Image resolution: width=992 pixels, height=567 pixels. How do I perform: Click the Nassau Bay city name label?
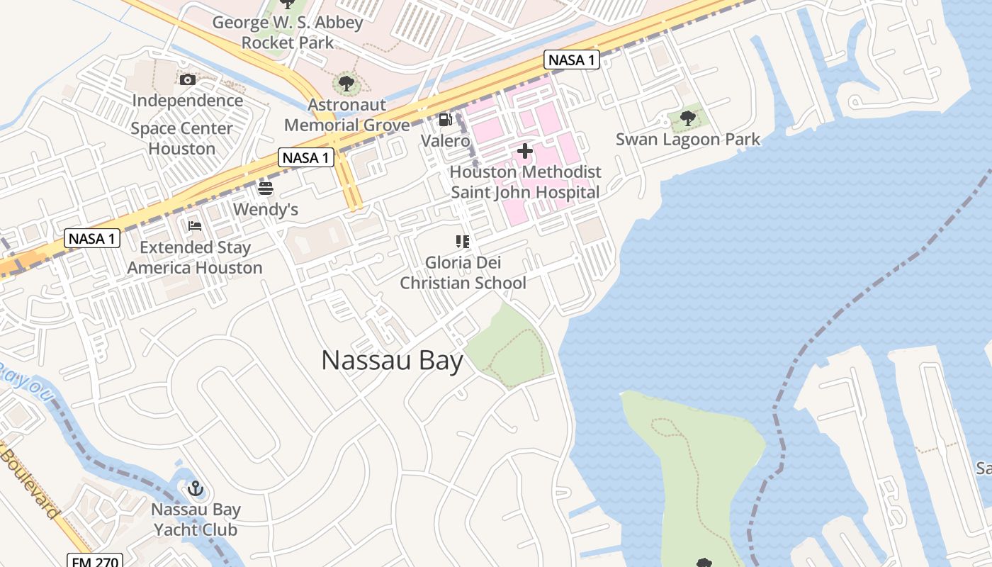[x=392, y=360]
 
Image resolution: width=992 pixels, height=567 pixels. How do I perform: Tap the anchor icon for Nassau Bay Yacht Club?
[x=196, y=488]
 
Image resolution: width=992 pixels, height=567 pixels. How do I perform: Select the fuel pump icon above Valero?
[x=445, y=120]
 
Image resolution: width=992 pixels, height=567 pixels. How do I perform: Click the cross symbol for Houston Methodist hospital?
[x=525, y=151]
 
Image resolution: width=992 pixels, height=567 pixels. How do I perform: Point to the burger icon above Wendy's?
[x=266, y=189]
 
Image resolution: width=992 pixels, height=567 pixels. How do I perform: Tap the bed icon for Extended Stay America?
[x=195, y=226]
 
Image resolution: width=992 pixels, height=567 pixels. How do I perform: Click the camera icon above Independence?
[x=188, y=79]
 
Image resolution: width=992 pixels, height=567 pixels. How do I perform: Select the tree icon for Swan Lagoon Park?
[x=687, y=118]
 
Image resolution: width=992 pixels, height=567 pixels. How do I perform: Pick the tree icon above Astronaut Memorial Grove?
[x=346, y=84]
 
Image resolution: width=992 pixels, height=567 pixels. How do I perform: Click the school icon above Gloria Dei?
[x=463, y=242]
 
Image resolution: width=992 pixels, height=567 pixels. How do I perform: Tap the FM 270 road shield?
[x=96, y=561]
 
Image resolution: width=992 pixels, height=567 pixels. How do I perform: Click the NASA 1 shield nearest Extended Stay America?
[x=91, y=238]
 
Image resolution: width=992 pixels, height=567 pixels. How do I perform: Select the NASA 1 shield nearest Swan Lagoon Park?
[x=572, y=60]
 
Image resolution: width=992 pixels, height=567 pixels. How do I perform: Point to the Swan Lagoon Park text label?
[x=687, y=139]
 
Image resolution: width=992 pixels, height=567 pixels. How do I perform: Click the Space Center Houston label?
[x=182, y=138]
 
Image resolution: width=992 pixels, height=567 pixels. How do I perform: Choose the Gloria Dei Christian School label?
[x=463, y=273]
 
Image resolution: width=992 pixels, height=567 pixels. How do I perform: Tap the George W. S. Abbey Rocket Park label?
[x=288, y=32]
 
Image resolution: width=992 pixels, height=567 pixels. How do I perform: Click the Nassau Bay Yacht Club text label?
[x=196, y=519]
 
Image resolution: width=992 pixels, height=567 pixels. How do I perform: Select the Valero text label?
[x=445, y=140]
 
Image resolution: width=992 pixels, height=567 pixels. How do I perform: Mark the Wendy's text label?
[x=266, y=210]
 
